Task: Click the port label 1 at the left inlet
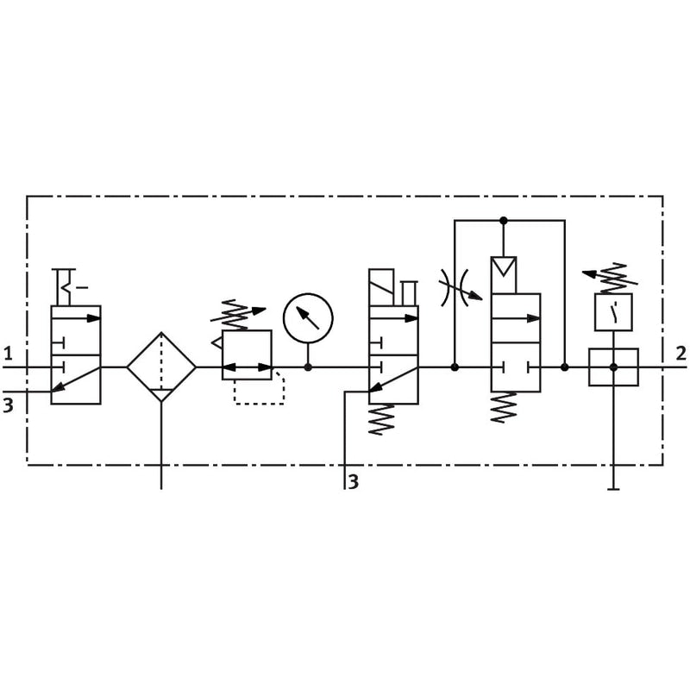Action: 8,354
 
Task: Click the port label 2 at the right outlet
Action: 681,354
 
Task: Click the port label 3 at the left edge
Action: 8,405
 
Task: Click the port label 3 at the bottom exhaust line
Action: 354,482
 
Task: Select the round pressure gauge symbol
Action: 308,318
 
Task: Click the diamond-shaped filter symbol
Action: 161,367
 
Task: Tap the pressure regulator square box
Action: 247,354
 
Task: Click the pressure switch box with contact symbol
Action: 613,312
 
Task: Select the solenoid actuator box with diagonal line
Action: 381,287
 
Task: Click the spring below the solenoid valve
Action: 381,419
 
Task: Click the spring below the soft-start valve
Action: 504,407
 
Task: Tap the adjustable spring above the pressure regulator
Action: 238,314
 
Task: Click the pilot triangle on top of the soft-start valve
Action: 504,266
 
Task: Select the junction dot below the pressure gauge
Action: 308,367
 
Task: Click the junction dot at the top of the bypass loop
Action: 504,220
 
